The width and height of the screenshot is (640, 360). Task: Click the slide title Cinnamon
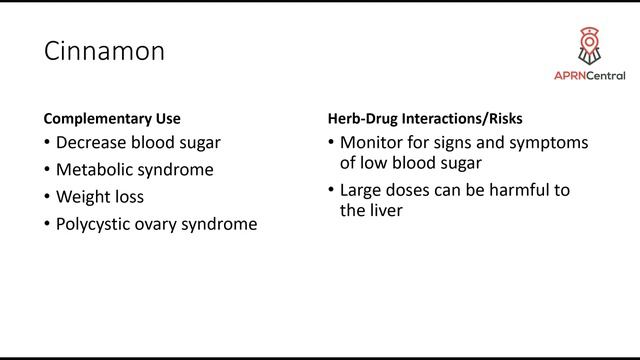103,52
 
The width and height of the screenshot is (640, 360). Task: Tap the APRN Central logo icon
589,46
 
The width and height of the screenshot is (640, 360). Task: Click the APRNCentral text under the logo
589,76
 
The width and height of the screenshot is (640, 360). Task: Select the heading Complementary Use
112,118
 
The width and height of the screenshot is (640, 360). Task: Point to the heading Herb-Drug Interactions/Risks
425,118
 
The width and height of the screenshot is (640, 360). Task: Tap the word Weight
83,197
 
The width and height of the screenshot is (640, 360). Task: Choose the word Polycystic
96,224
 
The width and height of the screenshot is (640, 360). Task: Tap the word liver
386,210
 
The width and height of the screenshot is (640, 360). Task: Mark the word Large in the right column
361,190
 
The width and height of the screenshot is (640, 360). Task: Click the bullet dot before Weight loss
47,197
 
